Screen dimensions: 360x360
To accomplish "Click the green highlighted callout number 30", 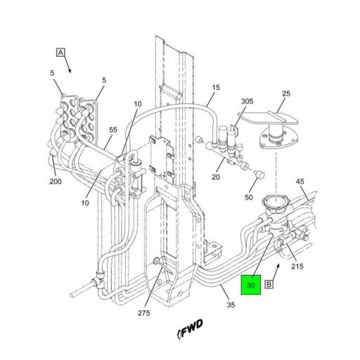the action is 251,285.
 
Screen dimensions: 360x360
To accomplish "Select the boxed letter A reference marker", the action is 60,53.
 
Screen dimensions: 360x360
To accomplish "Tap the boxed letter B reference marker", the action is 269,284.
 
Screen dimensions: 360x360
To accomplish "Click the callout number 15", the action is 216,87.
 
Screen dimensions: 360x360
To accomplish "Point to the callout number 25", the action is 286,94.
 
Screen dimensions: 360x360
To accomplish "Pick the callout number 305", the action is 247,101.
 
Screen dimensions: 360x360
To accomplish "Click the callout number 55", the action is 113,129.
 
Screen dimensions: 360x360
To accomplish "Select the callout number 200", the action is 56,181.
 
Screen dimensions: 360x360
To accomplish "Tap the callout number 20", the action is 216,177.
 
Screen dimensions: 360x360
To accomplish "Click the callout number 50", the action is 249,198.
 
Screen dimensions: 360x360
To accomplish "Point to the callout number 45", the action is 300,181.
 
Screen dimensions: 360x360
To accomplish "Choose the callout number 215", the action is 297,266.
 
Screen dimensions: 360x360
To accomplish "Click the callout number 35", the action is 231,304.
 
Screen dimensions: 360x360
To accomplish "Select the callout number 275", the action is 144,313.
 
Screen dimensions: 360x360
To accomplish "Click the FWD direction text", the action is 191,328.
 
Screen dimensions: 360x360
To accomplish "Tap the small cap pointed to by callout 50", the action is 260,174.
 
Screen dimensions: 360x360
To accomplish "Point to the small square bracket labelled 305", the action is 234,129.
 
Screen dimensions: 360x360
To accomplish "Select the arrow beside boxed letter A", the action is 67,65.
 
